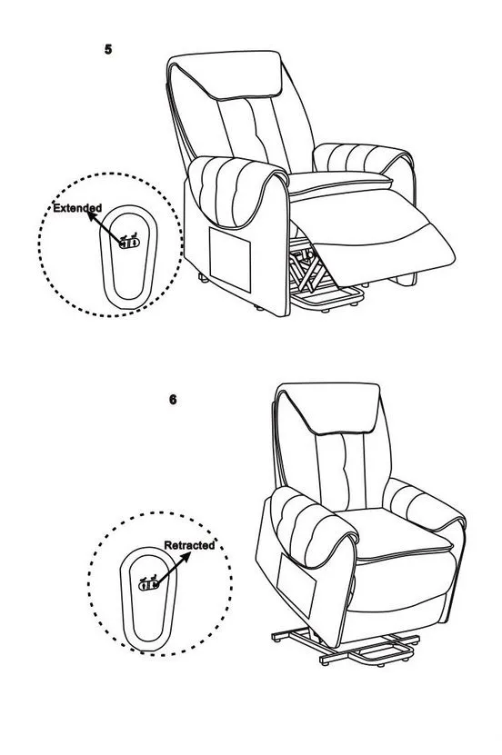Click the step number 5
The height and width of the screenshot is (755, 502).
click(x=108, y=49)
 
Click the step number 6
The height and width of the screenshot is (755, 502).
click(x=173, y=400)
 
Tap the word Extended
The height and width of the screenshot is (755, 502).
click(x=77, y=208)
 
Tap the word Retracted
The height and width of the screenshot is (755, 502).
click(x=189, y=545)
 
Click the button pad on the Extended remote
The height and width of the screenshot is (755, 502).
click(x=129, y=243)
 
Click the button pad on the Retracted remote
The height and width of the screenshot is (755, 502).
click(x=148, y=584)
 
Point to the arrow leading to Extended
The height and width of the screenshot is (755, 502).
click(x=105, y=227)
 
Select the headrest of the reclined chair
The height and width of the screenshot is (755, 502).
click(x=226, y=75)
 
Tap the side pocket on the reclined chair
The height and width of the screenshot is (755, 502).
click(x=230, y=259)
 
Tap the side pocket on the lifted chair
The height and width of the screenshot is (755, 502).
click(x=296, y=584)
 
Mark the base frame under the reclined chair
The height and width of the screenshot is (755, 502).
click(x=327, y=300)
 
